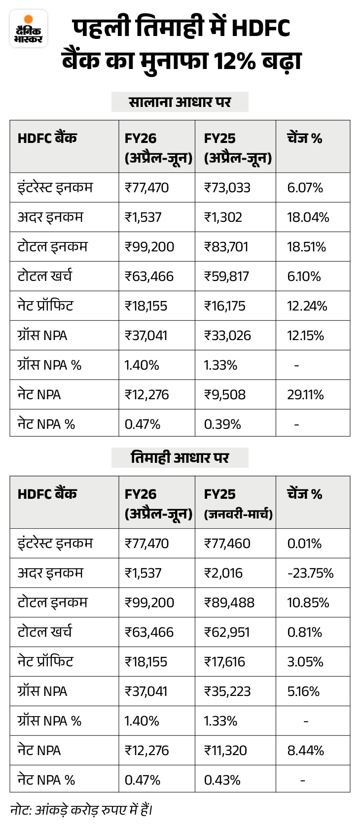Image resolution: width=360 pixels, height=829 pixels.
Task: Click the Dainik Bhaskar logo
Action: coord(29,29)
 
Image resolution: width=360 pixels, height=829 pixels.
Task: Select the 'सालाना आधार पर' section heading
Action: coord(180,102)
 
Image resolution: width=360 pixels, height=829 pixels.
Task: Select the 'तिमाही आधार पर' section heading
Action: coord(180,458)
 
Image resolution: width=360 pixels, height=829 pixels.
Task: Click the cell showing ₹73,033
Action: coord(227,188)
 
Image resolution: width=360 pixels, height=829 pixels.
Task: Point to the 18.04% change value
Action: coord(308,217)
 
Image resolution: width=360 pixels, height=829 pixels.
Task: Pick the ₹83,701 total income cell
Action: coord(226,247)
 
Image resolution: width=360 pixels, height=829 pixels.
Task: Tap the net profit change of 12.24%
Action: coord(307,306)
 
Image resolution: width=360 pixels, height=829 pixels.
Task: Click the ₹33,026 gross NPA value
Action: coord(227,336)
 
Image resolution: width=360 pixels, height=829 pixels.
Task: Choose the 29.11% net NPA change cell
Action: coord(306,395)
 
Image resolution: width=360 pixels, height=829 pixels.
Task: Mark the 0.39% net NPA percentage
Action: coord(222,424)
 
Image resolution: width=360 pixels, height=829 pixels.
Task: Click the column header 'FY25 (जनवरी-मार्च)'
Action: coord(238,504)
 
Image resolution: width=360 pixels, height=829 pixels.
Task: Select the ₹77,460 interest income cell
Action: coord(227,544)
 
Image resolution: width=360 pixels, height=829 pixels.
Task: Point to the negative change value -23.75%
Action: coord(310,573)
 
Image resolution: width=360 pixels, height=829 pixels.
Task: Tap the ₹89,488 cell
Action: coord(229,603)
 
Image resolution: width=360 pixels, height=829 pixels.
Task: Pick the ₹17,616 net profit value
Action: coord(224,662)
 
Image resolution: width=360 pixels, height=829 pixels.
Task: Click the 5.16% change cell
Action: coord(303,691)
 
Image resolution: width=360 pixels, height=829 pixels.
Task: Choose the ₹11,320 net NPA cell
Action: coord(225,751)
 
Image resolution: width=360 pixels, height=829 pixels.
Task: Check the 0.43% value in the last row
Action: coord(222,780)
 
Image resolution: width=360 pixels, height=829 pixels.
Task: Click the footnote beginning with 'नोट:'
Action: coord(81,810)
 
